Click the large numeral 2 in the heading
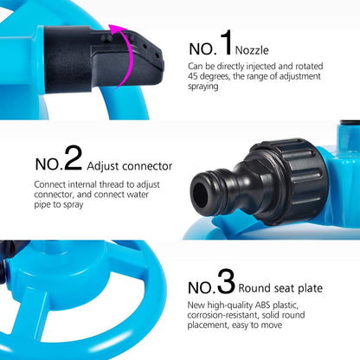[73, 158]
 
